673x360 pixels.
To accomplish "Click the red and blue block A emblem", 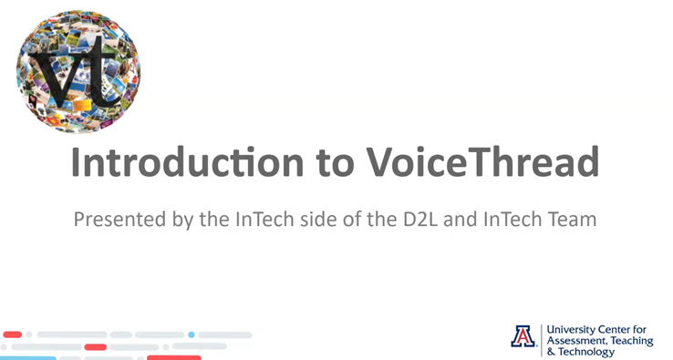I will pyautogui.click(x=523, y=336).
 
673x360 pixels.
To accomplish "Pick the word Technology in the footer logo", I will pyautogui.click(x=592, y=351).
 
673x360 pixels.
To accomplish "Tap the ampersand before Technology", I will pyautogui.click(x=550, y=351).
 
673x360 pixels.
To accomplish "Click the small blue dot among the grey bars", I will pyautogui.click(x=192, y=334).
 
